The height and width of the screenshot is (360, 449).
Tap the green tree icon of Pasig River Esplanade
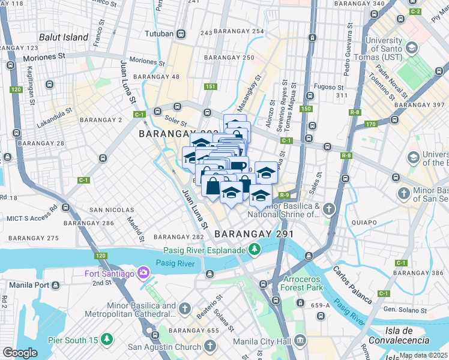point(255,248)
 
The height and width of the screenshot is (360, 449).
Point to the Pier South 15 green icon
point(107,340)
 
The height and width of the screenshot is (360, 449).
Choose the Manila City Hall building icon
point(300,341)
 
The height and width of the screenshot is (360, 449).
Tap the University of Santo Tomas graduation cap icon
point(412,47)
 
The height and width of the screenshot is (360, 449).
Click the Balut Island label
point(64,37)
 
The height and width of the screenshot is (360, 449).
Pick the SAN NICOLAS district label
point(111,210)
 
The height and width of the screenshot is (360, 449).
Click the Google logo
point(20,353)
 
